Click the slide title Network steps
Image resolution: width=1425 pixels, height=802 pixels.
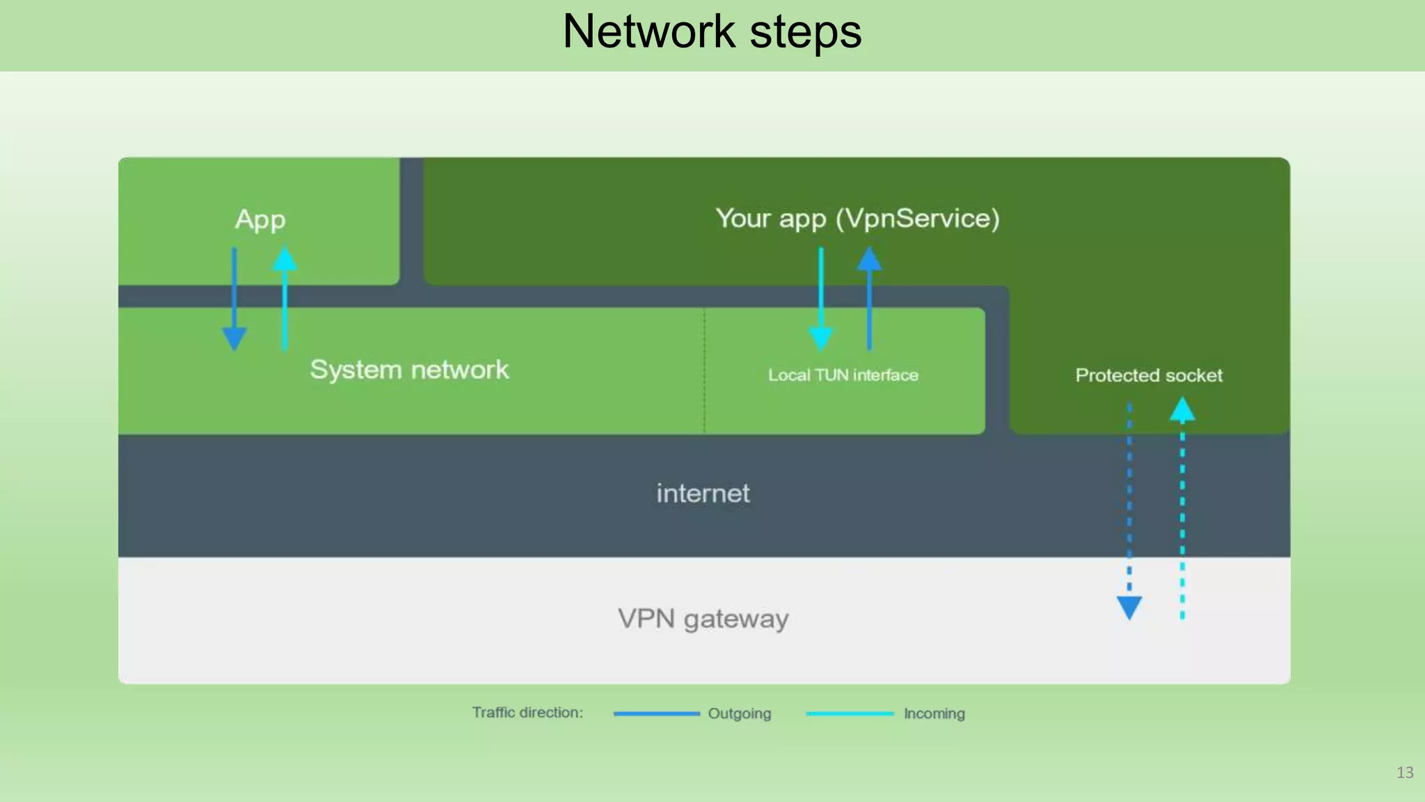tap(712, 32)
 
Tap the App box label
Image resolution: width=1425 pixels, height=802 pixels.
tap(260, 220)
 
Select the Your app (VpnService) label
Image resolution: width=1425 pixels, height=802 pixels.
tap(857, 219)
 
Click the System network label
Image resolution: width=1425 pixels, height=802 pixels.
tap(409, 370)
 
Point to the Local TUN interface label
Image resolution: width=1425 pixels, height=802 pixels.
tap(843, 375)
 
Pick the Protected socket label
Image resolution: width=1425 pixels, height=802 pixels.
tap(1148, 375)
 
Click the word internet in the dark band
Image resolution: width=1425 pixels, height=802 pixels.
tap(703, 494)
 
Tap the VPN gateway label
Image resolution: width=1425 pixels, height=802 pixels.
tap(703, 619)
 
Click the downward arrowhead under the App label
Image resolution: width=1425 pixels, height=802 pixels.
tap(234, 338)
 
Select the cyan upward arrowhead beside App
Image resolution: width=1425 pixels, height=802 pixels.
tap(285, 259)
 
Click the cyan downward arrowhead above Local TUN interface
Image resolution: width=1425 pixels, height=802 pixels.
tap(821, 338)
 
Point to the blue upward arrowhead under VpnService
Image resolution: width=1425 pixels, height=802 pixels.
tap(869, 259)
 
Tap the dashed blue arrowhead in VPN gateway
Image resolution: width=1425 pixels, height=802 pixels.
tap(1129, 607)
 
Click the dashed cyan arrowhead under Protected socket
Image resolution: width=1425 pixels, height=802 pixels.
tap(1182, 409)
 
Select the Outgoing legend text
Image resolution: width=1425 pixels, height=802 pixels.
tap(739, 714)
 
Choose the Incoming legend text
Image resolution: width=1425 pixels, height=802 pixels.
tap(934, 714)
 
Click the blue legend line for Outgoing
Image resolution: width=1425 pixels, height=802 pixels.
tap(656, 714)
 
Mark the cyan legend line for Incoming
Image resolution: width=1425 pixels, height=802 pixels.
tap(850, 714)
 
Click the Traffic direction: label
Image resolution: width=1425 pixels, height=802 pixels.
tap(527, 713)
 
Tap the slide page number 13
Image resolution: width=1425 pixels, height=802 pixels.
tap(1404, 773)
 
